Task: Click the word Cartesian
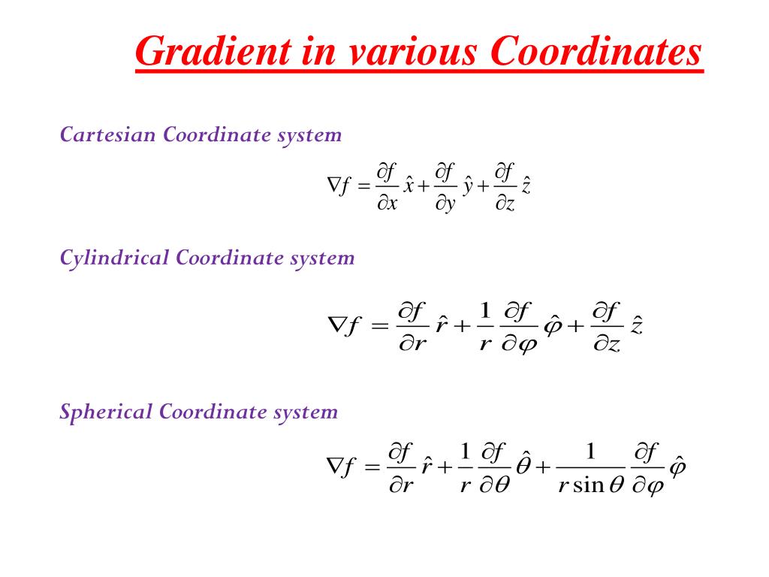click(108, 135)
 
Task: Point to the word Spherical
click(106, 412)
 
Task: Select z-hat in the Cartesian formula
click(526, 185)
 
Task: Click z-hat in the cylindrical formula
click(637, 327)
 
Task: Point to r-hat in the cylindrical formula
click(442, 327)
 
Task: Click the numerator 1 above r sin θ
click(590, 451)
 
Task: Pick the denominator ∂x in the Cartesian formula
click(387, 204)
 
